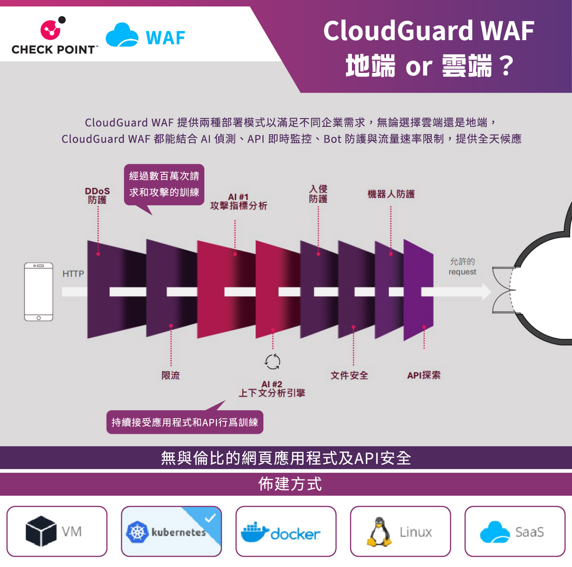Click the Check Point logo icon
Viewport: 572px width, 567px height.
52,29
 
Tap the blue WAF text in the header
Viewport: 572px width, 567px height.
165,38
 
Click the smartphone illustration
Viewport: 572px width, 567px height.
39,292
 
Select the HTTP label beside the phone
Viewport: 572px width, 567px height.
73,274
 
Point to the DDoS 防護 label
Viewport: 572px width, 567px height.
97,196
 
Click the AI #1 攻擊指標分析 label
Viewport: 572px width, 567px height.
238,202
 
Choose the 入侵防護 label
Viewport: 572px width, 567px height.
318,194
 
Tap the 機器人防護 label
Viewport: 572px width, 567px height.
391,194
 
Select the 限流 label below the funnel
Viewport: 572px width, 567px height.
171,376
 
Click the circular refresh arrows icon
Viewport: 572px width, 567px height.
273,362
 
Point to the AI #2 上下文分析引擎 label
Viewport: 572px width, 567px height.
272,389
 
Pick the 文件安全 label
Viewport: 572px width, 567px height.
349,376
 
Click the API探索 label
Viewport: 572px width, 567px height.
423,376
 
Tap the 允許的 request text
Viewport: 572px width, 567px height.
462,267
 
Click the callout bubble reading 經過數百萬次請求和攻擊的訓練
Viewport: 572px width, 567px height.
164,185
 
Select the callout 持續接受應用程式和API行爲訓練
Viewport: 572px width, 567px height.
185,422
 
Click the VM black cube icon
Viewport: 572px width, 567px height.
41,531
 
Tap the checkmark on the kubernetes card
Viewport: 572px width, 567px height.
210,518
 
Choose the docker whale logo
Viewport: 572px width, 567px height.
255,532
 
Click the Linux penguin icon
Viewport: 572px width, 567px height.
379,531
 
